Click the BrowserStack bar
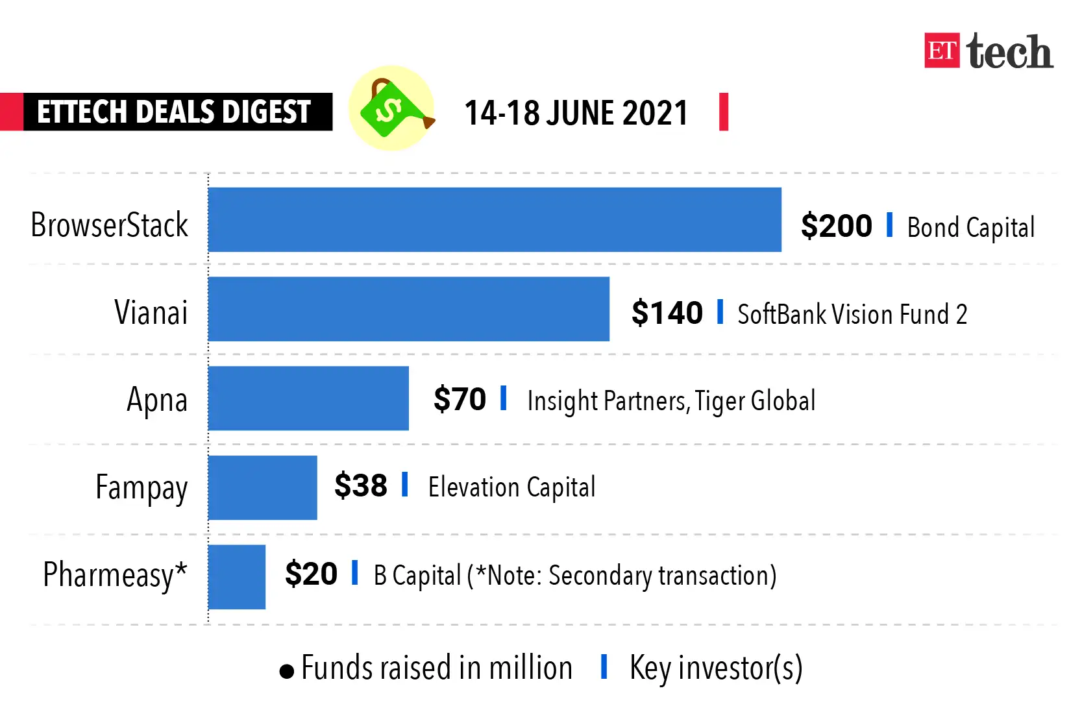pyautogui.click(x=495, y=219)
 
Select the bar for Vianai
pyautogui.click(x=409, y=309)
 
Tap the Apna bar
pyautogui.click(x=308, y=398)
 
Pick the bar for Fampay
pyautogui.click(x=263, y=487)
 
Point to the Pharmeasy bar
pyautogui.click(x=237, y=577)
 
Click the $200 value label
pyautogui.click(x=836, y=226)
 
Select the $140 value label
pyautogui.click(x=667, y=313)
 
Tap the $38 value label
pyautogui.click(x=361, y=485)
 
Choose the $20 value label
pyautogui.click(x=312, y=574)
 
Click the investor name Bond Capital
pyautogui.click(x=971, y=228)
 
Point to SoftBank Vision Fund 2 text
pyautogui.click(x=852, y=315)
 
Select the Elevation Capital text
pyautogui.click(x=511, y=487)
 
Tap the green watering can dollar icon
pyautogui.click(x=391, y=108)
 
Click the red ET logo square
pyautogui.click(x=942, y=51)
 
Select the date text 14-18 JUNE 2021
pyautogui.click(x=576, y=113)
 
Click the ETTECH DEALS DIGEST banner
pyautogui.click(x=174, y=112)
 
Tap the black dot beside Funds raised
pyautogui.click(x=286, y=671)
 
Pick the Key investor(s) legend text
pyautogui.click(x=716, y=668)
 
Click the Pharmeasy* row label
pyautogui.click(x=115, y=575)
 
